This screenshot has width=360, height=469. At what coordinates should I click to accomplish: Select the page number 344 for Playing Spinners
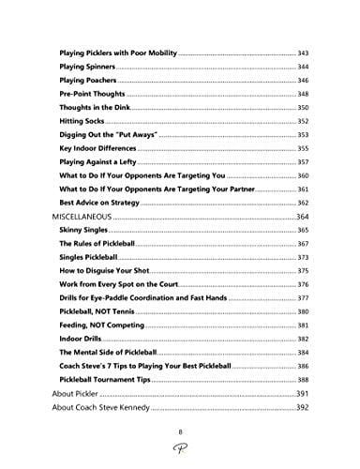click(304, 68)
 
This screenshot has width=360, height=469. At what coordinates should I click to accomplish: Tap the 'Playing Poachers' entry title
click(91, 82)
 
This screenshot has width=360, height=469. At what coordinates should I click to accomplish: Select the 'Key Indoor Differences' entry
click(100, 149)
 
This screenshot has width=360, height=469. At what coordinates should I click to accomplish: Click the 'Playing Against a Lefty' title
click(103, 162)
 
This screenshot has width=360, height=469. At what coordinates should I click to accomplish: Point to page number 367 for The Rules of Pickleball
click(304, 244)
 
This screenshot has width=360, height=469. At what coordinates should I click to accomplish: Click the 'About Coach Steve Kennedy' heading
click(111, 408)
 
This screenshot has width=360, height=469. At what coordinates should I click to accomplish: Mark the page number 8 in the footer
click(180, 431)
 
